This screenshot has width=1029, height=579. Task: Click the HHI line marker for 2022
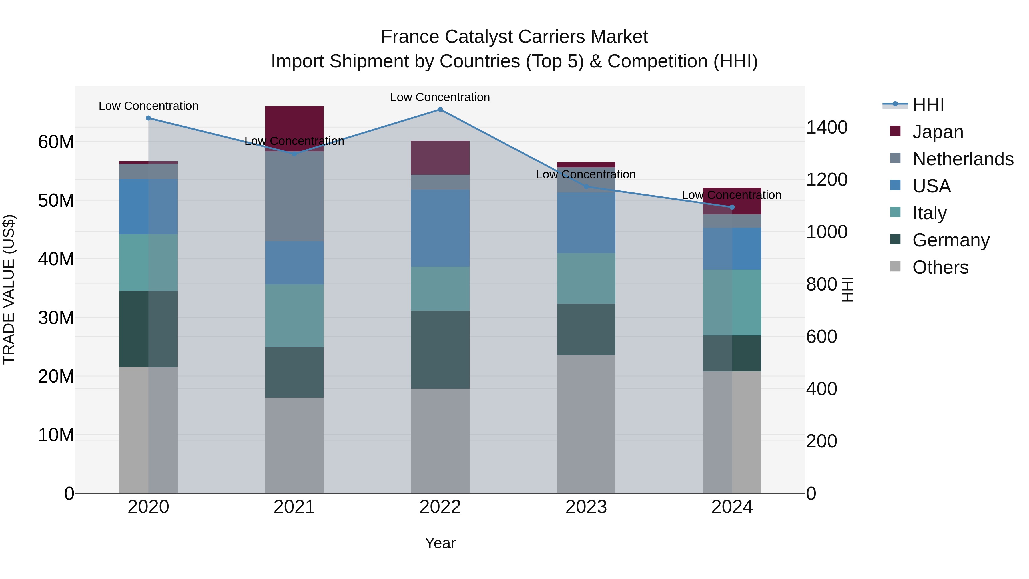(x=440, y=110)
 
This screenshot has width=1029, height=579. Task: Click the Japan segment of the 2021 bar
(x=294, y=124)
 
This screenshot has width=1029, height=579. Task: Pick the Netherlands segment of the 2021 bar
(x=294, y=196)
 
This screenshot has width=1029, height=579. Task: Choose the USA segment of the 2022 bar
(x=440, y=228)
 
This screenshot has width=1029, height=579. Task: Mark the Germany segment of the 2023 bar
(x=586, y=329)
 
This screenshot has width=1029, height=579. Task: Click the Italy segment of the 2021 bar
(x=294, y=316)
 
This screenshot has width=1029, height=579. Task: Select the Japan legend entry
(x=938, y=132)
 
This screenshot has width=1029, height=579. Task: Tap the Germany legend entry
(x=951, y=240)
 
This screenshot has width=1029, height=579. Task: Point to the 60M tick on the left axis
(x=56, y=142)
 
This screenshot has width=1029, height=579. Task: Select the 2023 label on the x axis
(x=586, y=507)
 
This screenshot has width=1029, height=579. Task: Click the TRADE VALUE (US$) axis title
(x=9, y=289)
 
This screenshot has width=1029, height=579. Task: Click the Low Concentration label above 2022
(x=440, y=98)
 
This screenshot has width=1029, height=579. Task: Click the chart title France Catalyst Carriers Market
(x=514, y=37)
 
